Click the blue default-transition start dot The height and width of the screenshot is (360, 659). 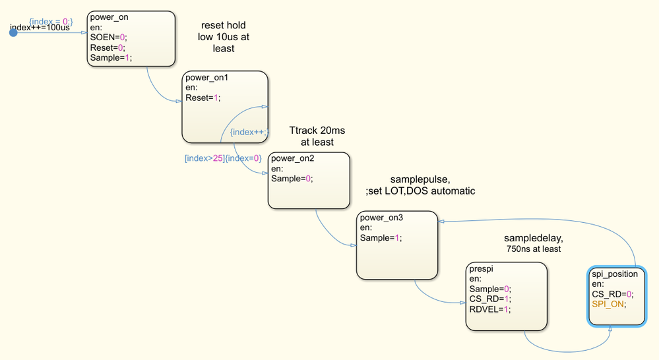click(x=13, y=32)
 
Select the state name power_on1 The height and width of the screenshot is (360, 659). click(x=207, y=77)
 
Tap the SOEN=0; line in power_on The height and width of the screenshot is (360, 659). click(x=108, y=38)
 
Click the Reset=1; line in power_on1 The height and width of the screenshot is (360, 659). click(x=203, y=98)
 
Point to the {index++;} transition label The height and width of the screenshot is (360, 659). click(x=248, y=132)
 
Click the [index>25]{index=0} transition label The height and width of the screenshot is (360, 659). click(x=223, y=158)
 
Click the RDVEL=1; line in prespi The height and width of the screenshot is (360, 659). click(x=489, y=309)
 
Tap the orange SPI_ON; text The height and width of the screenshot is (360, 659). click(x=608, y=304)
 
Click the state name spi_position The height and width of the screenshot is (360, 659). click(x=614, y=274)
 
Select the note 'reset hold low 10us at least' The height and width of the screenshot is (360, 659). click(x=224, y=37)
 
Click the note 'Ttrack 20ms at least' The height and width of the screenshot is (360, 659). click(x=317, y=136)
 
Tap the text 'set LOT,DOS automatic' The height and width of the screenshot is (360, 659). click(x=422, y=191)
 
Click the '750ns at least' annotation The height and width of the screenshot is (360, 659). click(x=534, y=249)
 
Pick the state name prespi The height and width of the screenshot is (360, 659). click(x=481, y=269)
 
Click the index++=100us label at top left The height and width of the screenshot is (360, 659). click(x=40, y=28)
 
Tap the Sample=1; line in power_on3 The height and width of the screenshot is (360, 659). click(x=381, y=237)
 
